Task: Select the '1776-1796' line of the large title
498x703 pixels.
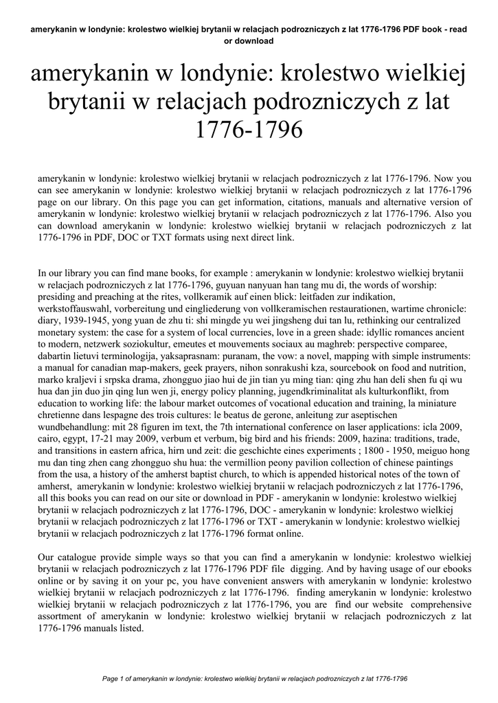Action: (249, 129)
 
